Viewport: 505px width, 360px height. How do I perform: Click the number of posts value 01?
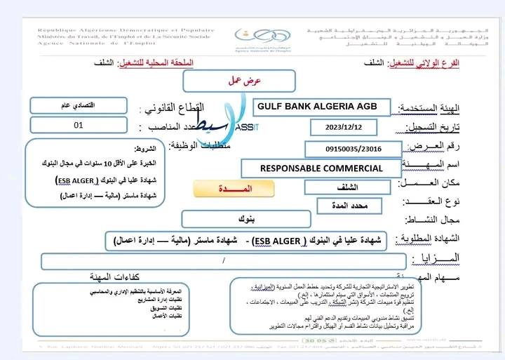coord(78,126)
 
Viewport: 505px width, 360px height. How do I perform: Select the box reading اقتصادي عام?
coord(78,105)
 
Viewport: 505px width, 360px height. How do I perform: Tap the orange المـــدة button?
coord(223,190)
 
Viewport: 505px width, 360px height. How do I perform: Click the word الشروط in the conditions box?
coord(146,149)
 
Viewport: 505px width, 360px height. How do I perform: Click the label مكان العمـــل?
coord(429,184)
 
